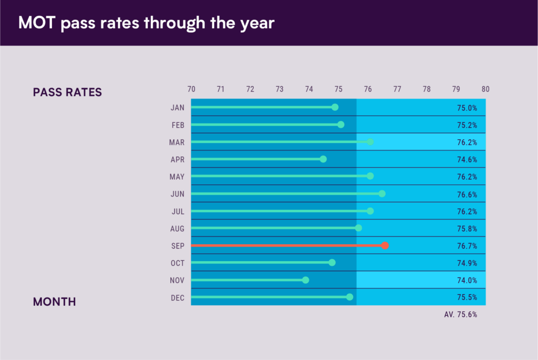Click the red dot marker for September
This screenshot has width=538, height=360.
point(385,245)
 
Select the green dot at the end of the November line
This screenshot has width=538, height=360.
point(306,280)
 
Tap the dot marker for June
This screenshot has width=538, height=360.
point(382,194)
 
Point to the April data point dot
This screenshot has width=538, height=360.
point(323,159)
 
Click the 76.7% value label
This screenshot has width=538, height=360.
point(467,246)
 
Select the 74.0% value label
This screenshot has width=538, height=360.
point(467,280)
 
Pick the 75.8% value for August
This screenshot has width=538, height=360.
point(467,229)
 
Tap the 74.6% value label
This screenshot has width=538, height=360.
point(467,159)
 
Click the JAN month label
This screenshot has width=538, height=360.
point(178,108)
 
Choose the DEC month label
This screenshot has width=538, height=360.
point(178,297)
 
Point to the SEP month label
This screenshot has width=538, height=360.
point(178,246)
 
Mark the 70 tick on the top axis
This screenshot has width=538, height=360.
point(191,89)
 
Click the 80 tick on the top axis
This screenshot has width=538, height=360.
point(485,89)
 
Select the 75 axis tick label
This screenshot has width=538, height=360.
point(338,89)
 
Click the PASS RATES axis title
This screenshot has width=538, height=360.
point(67,92)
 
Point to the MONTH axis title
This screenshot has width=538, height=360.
point(55,302)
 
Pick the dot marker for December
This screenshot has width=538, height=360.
point(350,297)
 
